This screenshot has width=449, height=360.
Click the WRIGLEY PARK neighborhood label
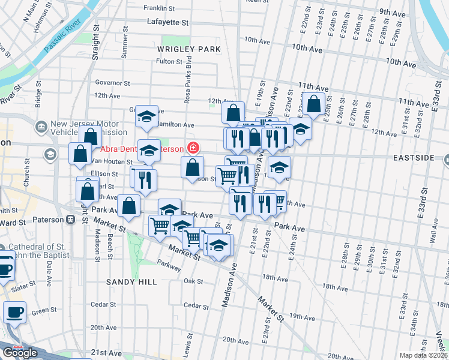point(189,49)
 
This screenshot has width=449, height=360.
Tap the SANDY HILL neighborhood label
point(131,281)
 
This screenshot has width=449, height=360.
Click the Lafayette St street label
point(168,22)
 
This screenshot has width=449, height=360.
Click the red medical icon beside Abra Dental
point(193,147)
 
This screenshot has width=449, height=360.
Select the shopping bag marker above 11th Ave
point(313,103)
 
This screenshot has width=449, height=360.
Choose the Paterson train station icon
point(71,220)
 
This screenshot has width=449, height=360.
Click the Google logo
point(19,353)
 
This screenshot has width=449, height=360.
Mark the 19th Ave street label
point(303,316)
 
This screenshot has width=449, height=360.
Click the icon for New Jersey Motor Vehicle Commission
point(41,127)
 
